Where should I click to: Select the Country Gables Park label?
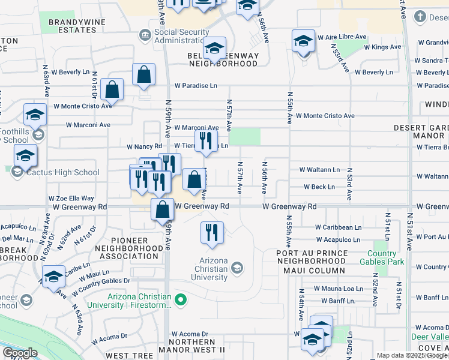point(382,257)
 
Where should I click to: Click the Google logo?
point(20,353)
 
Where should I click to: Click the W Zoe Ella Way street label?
point(71,198)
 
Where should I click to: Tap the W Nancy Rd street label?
point(144,146)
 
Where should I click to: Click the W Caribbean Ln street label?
point(339,227)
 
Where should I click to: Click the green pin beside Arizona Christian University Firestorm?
point(179,298)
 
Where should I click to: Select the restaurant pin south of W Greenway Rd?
point(211,232)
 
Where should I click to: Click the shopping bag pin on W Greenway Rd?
point(163,211)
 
